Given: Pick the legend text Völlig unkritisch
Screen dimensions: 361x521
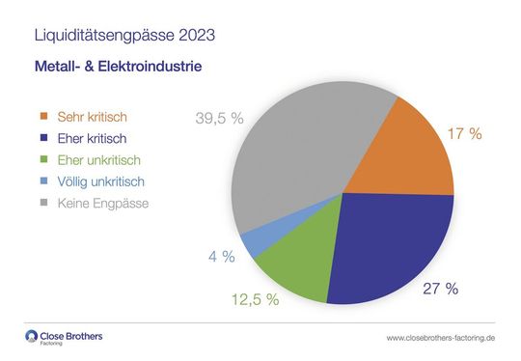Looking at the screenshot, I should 100,181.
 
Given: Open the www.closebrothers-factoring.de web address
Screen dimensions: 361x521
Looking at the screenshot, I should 440,338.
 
